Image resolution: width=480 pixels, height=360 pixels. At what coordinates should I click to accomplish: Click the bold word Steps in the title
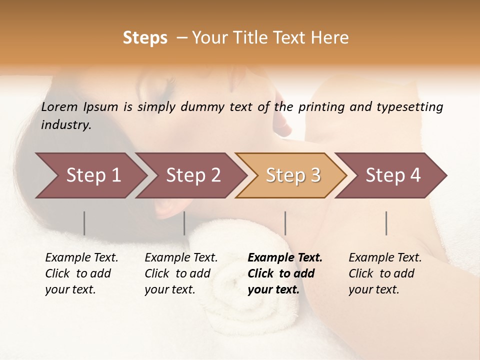pyautogui.click(x=145, y=38)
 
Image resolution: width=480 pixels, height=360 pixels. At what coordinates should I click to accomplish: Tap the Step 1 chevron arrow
pyautogui.click(x=93, y=175)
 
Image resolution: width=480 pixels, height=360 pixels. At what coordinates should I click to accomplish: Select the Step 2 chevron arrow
pyautogui.click(x=193, y=175)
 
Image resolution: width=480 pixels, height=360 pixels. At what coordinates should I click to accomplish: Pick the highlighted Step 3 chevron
pyautogui.click(x=292, y=175)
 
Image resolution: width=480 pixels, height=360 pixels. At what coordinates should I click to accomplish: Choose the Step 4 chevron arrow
pyautogui.click(x=392, y=175)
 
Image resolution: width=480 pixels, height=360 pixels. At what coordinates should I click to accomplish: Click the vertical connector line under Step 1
pyautogui.click(x=84, y=223)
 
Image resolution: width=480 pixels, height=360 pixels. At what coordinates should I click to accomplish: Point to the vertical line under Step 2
pyautogui.click(x=184, y=223)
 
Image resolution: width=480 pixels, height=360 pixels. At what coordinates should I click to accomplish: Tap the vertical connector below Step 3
pyautogui.click(x=285, y=223)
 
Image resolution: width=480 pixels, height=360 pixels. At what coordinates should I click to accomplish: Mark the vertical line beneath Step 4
pyautogui.click(x=386, y=223)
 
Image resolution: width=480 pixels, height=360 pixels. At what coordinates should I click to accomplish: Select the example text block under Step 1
pyautogui.click(x=81, y=273)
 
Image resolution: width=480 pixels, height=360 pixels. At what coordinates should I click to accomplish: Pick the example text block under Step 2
pyautogui.click(x=181, y=273)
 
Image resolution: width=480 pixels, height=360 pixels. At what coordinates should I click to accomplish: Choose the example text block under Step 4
pyautogui.click(x=385, y=273)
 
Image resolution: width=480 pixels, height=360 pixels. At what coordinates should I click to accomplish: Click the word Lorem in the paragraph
pyautogui.click(x=59, y=106)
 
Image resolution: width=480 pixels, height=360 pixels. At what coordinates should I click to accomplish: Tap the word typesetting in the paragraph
pyautogui.click(x=409, y=106)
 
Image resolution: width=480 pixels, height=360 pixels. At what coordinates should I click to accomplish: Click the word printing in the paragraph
pyautogui.click(x=321, y=106)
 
